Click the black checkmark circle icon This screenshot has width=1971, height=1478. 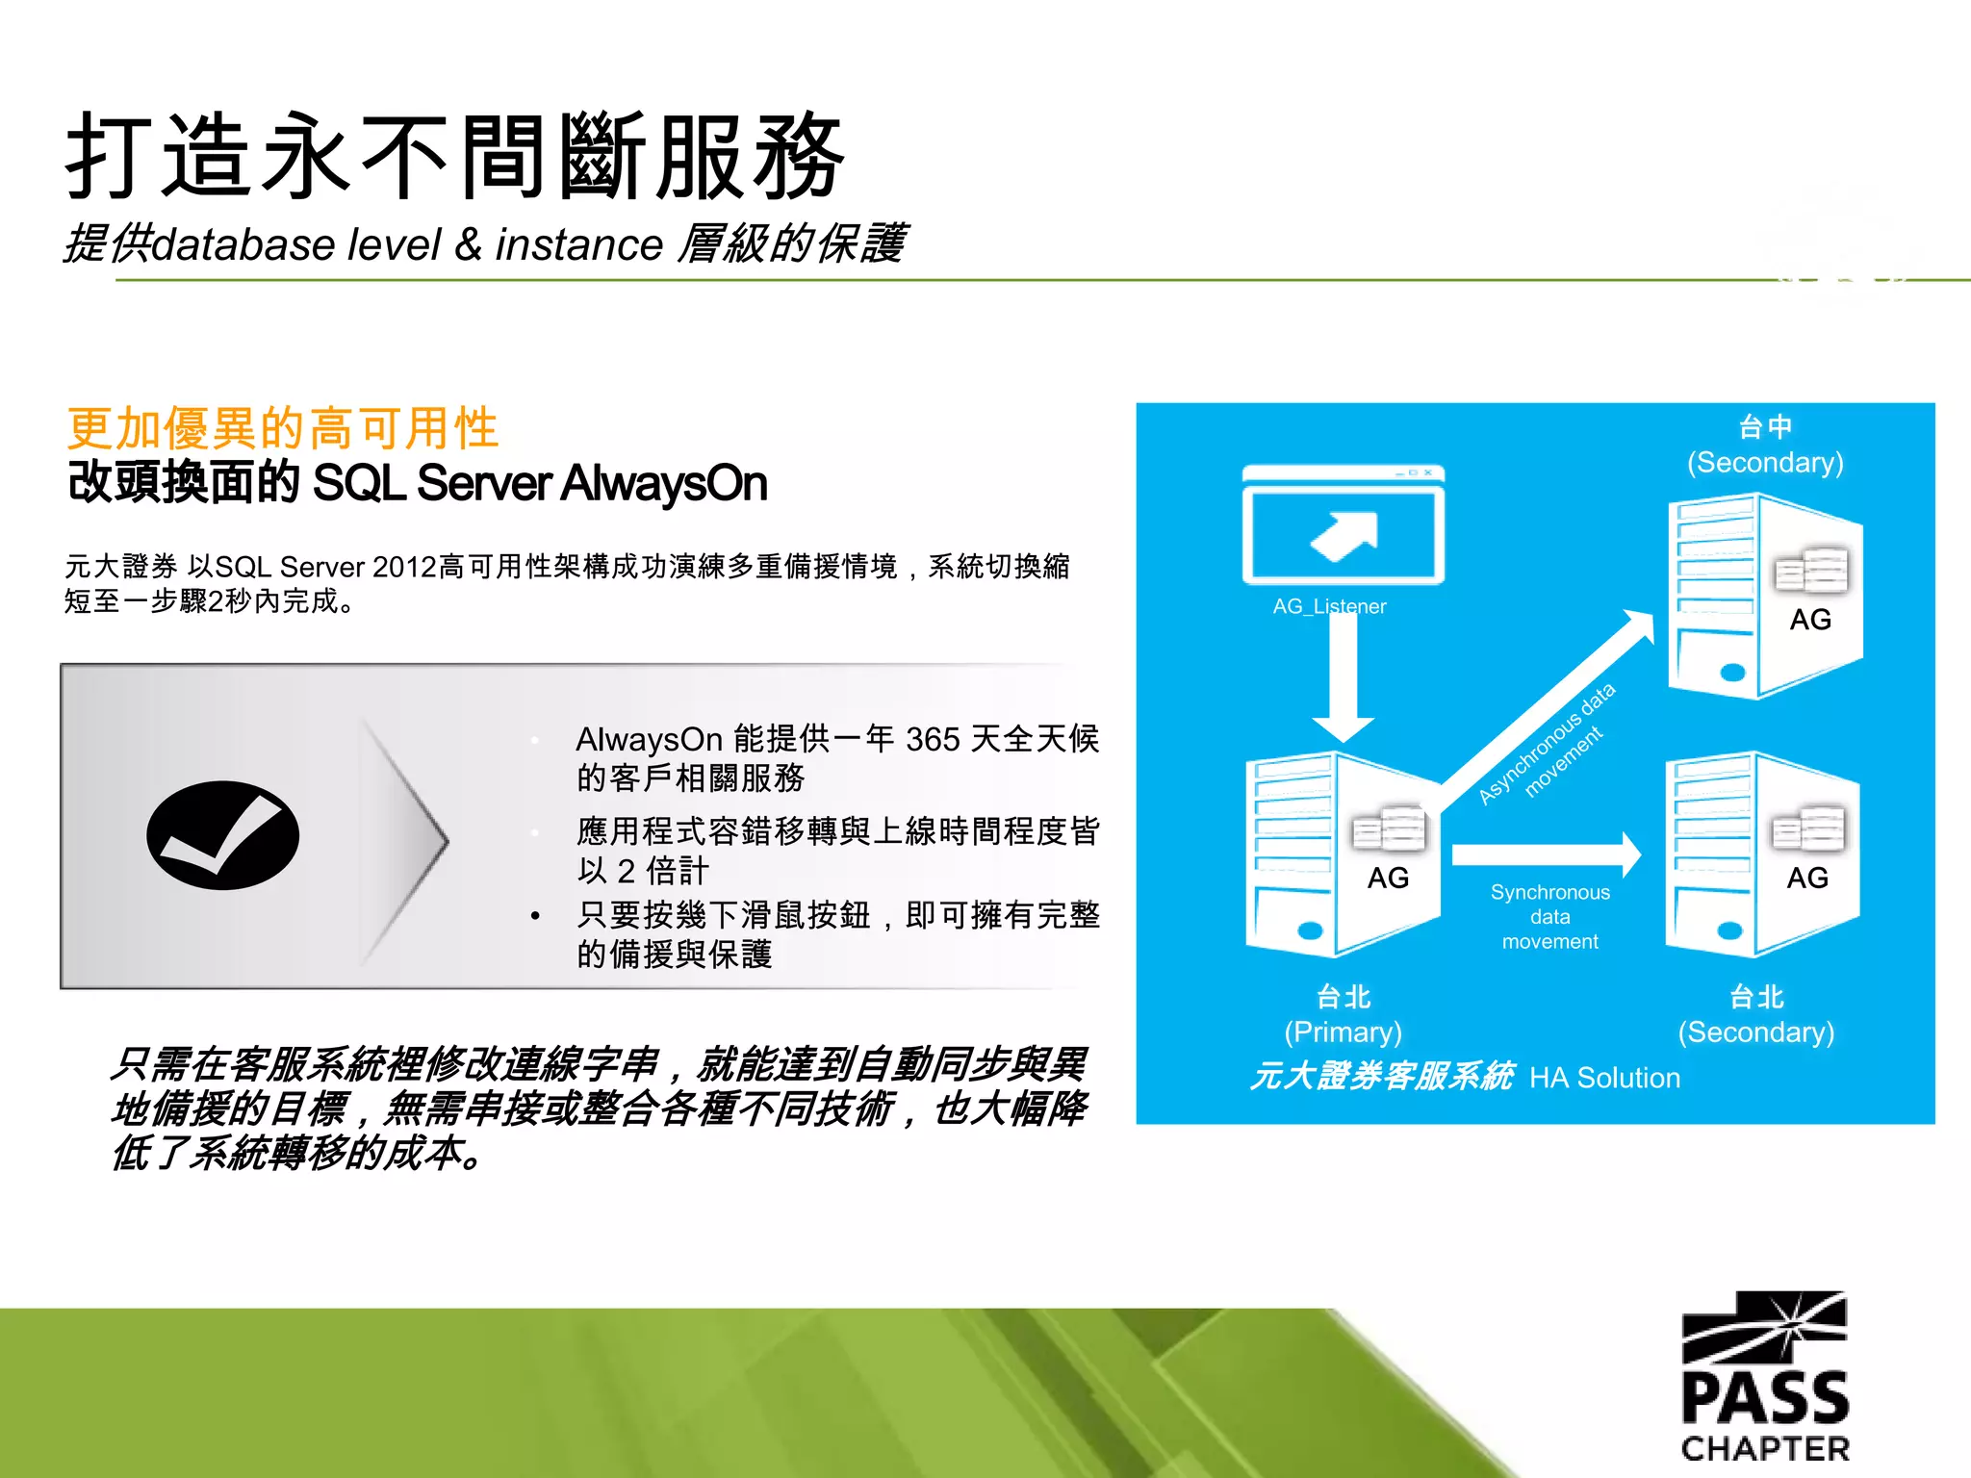pyautogui.click(x=222, y=834)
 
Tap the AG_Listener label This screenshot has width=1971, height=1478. pyautogui.click(x=1329, y=606)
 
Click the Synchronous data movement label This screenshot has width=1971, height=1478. pyautogui.click(x=1549, y=917)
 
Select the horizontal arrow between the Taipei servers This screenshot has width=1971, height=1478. pyautogui.click(x=1545, y=854)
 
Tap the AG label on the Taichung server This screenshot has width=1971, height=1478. pyautogui.click(x=1809, y=620)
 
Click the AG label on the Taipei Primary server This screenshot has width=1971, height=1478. pyautogui.click(x=1388, y=878)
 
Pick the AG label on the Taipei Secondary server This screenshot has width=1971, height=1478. pyautogui.click(x=1806, y=878)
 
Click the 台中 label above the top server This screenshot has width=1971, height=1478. pyautogui.click(x=1765, y=425)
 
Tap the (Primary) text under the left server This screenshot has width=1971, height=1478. pyautogui.click(x=1343, y=1032)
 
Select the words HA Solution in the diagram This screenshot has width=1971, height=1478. pyautogui.click(x=1604, y=1078)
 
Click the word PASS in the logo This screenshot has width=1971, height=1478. pyautogui.click(x=1765, y=1398)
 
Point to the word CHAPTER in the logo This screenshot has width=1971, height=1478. pyautogui.click(x=1765, y=1449)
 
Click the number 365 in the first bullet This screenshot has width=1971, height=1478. pyautogui.click(x=932, y=739)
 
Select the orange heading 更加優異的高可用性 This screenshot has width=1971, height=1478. pyautogui.click(x=283, y=428)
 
